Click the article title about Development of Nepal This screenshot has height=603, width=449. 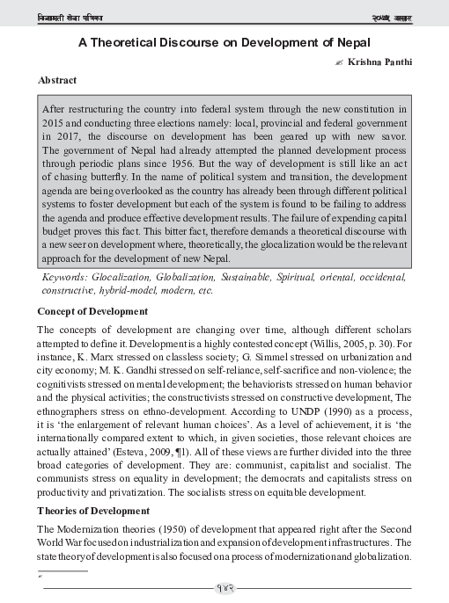[x=224, y=42]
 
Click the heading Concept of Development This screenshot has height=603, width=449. [x=92, y=312]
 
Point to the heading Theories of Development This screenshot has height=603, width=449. [x=95, y=510]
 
